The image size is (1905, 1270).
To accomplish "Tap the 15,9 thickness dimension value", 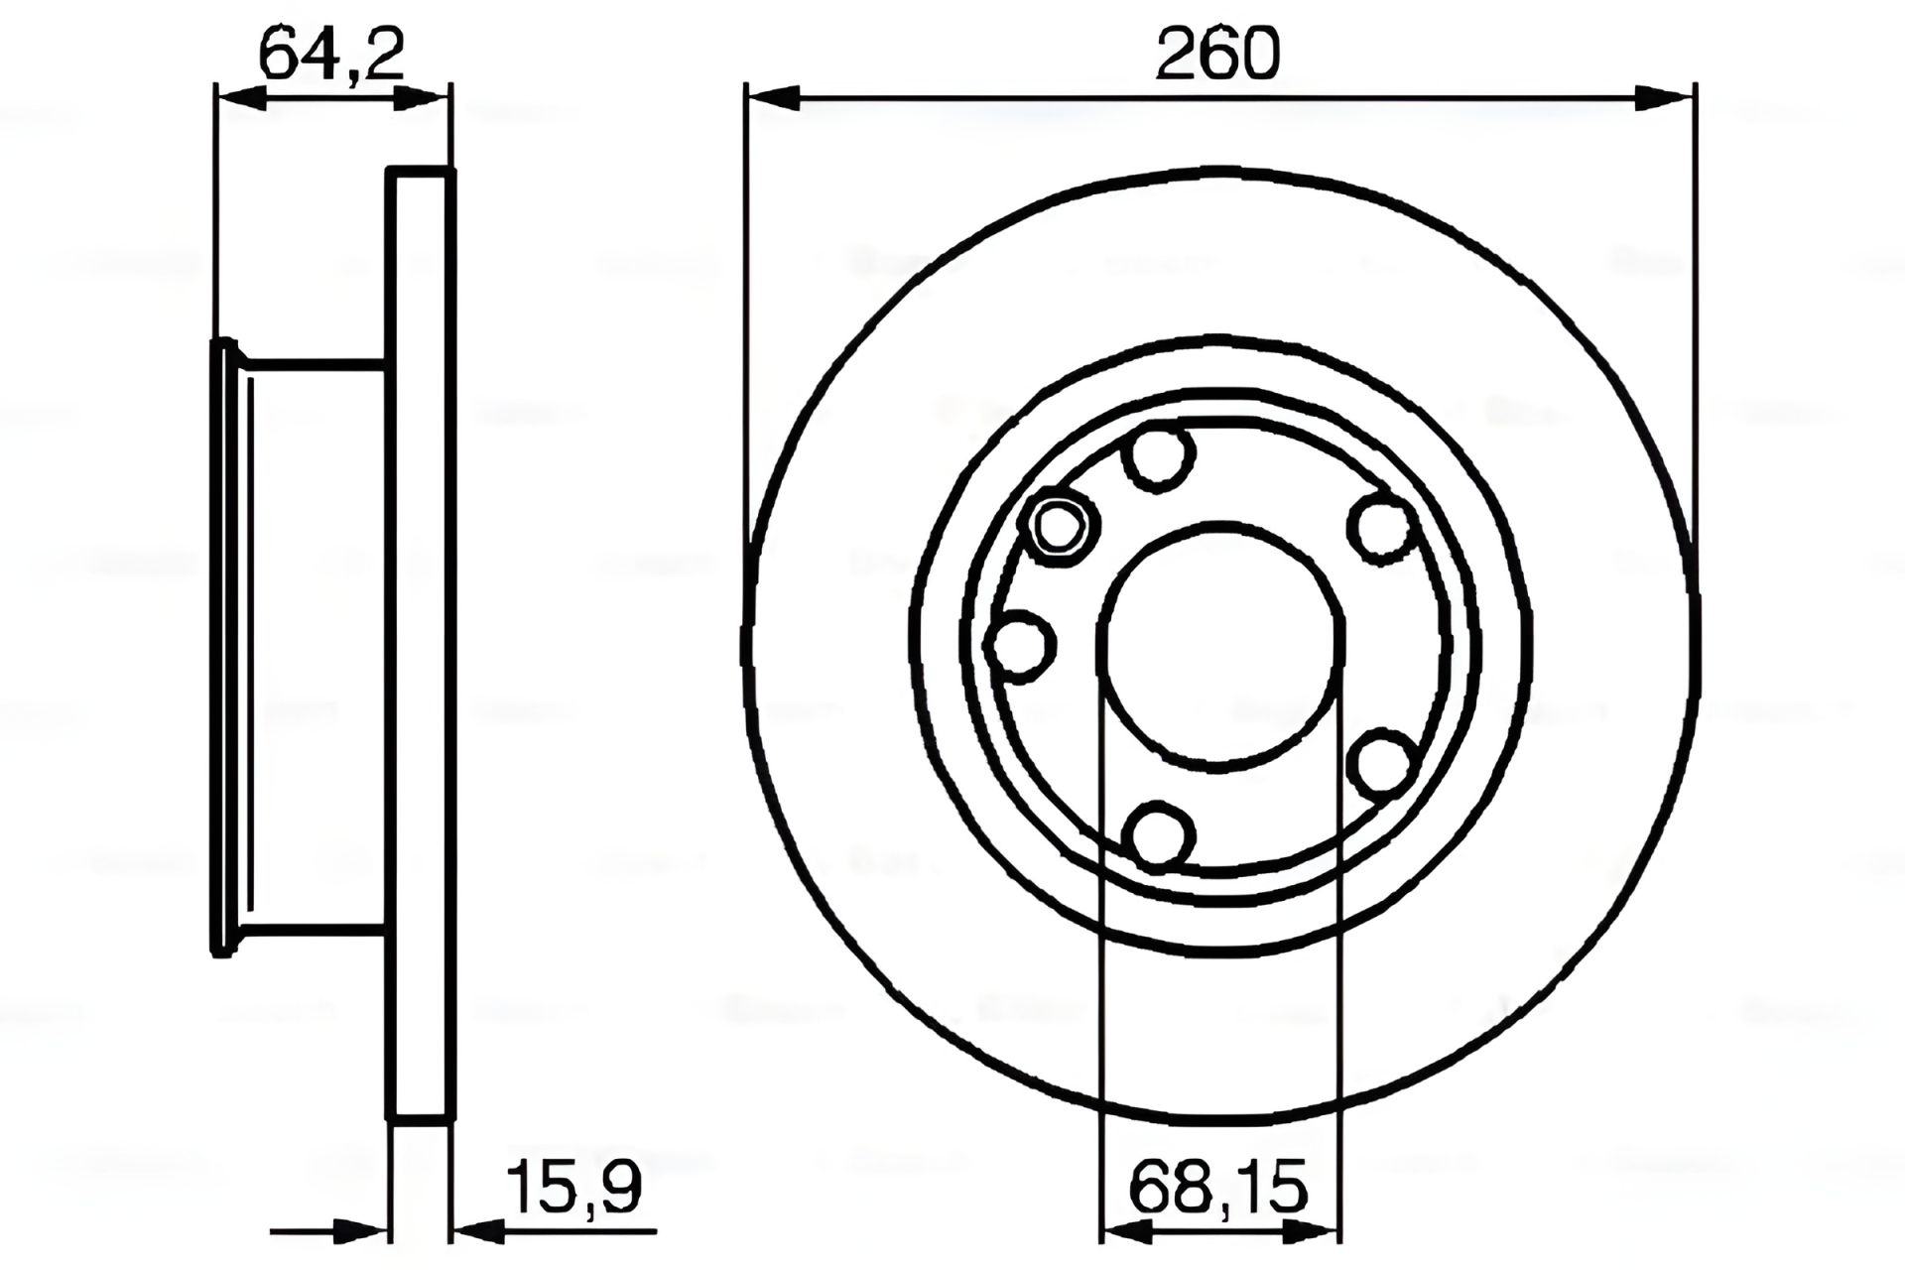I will pos(573,1187).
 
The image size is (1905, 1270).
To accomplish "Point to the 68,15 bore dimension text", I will pos(1218,1187).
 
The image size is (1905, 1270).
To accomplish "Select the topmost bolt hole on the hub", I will pos(1158,454).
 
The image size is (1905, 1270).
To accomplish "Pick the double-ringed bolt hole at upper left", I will pos(1061,527).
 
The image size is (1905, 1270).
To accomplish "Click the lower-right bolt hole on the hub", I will pos(1382,764).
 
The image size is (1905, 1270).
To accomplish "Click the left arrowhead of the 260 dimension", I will pos(773,97).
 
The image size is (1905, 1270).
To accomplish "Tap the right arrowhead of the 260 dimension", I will pos(1665,97).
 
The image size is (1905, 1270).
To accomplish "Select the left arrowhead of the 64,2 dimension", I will pos(240,97).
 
